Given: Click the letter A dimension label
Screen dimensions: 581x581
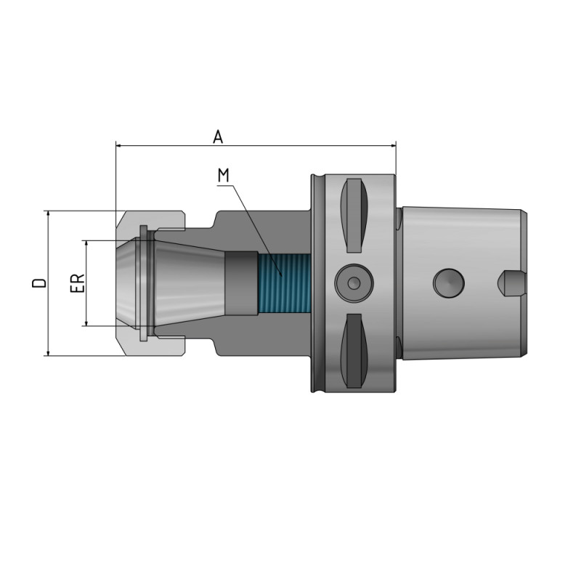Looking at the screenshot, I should click(x=217, y=137).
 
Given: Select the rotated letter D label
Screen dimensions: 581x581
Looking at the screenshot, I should click(x=41, y=283).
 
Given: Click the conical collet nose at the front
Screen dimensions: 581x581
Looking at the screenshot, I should click(x=131, y=283).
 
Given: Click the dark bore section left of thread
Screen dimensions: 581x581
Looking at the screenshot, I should click(x=240, y=283).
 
